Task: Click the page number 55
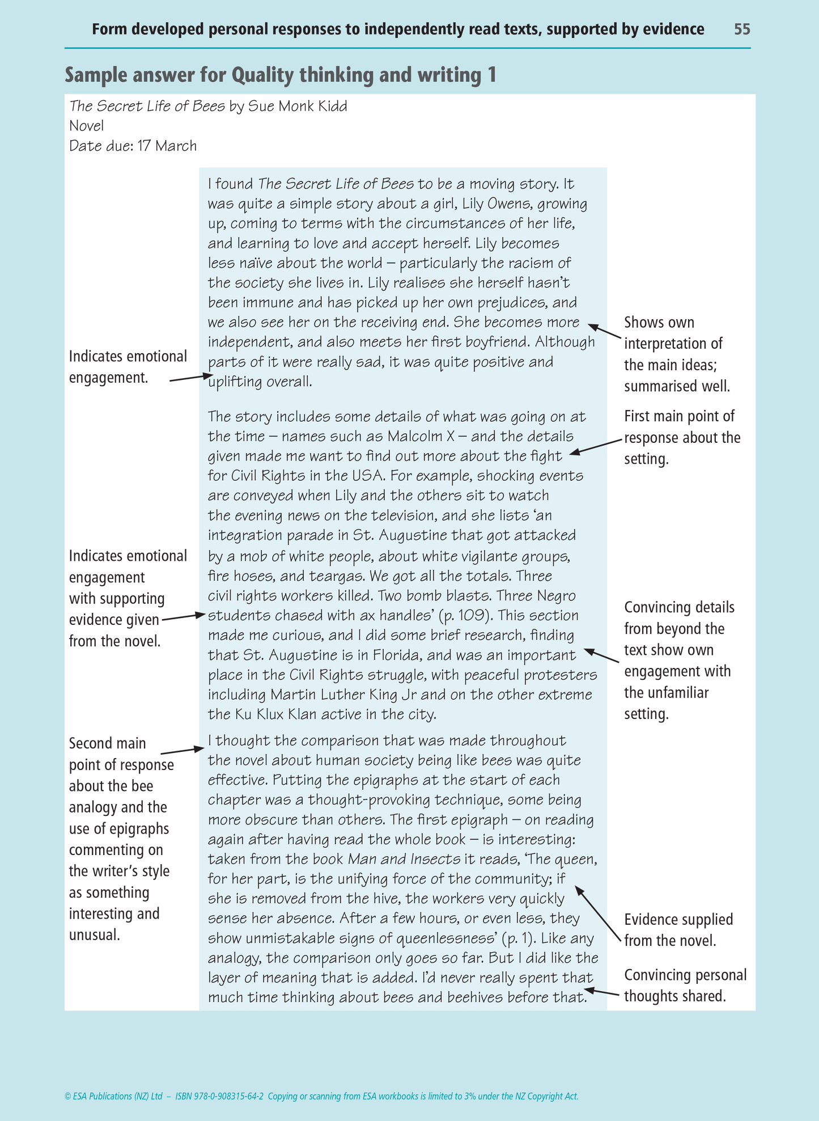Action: click(x=742, y=29)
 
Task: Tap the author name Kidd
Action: click(x=331, y=106)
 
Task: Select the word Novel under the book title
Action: click(x=86, y=126)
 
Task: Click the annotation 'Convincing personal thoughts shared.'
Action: click(x=685, y=985)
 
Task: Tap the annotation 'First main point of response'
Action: click(x=682, y=437)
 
